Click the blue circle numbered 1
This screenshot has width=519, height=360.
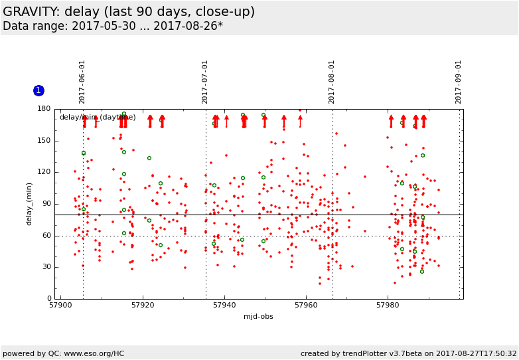click(x=38, y=90)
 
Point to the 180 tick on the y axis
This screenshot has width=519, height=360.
click(x=44, y=109)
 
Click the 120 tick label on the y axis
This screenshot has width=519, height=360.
click(x=44, y=172)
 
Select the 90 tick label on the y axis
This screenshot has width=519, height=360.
click(x=46, y=204)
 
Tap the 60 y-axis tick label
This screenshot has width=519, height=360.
click(x=46, y=236)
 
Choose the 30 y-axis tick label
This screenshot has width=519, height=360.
click(x=46, y=267)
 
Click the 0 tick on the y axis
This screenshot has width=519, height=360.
click(x=48, y=299)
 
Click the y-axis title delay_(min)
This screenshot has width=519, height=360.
click(x=29, y=204)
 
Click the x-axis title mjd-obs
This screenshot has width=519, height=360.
click(x=259, y=316)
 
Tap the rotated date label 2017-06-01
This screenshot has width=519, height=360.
click(x=82, y=82)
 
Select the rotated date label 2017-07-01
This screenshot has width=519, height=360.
click(x=205, y=82)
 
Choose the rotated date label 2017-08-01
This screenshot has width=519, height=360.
click(x=332, y=82)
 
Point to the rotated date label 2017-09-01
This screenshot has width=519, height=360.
click(x=459, y=82)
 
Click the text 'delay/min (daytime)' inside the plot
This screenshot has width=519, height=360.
click(x=98, y=118)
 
